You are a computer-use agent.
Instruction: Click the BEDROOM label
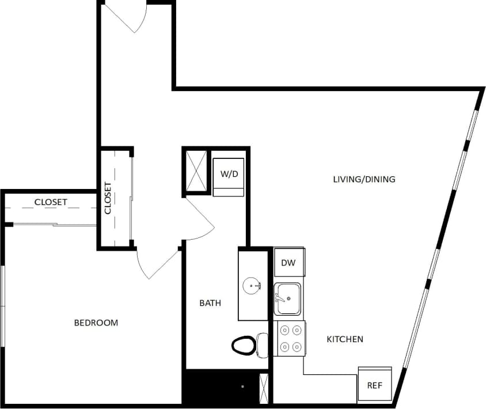point(96,323)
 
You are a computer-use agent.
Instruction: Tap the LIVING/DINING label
point(364,179)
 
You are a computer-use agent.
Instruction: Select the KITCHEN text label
point(345,339)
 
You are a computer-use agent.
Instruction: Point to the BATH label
point(210,303)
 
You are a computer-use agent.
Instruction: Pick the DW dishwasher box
point(288,263)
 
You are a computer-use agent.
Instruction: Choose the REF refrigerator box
point(375,385)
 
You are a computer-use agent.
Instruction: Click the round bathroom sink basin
point(252,285)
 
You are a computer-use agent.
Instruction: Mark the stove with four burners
point(289,339)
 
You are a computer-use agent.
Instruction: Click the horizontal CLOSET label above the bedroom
point(51,202)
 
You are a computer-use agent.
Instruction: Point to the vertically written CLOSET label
point(108,198)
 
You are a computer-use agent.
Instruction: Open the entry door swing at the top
point(130,17)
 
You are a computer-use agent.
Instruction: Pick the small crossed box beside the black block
point(264,388)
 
